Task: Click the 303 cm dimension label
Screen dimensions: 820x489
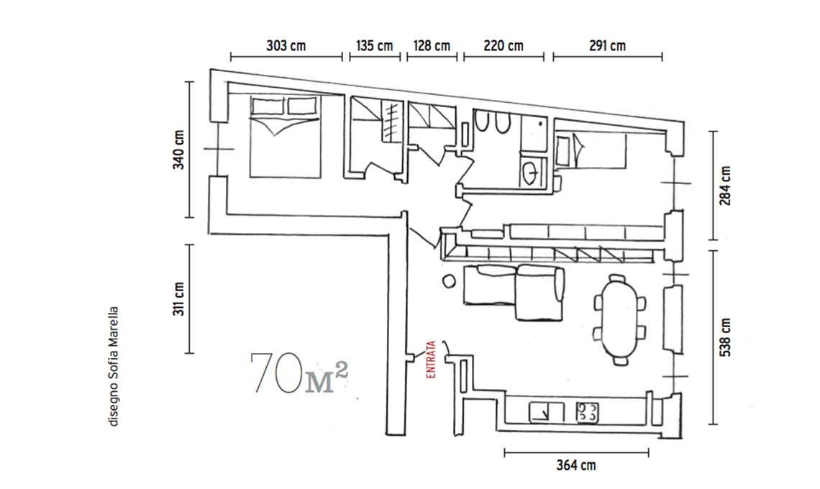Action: pyautogui.click(x=286, y=45)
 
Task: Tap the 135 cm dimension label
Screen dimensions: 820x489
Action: pyautogui.click(x=375, y=45)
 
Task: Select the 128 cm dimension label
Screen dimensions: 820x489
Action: pyautogui.click(x=432, y=45)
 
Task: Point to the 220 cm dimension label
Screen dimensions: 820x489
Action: pyautogui.click(x=504, y=45)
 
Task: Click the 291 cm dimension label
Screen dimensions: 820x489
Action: pyautogui.click(x=607, y=45)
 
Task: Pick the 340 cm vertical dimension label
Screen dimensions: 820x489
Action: pyautogui.click(x=179, y=150)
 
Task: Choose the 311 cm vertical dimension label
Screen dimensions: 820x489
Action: pyautogui.click(x=179, y=298)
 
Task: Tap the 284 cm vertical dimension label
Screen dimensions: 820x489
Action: pyautogui.click(x=725, y=186)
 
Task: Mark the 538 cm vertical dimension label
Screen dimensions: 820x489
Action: pyautogui.click(x=725, y=337)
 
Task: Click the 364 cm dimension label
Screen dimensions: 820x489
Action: pyautogui.click(x=575, y=465)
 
